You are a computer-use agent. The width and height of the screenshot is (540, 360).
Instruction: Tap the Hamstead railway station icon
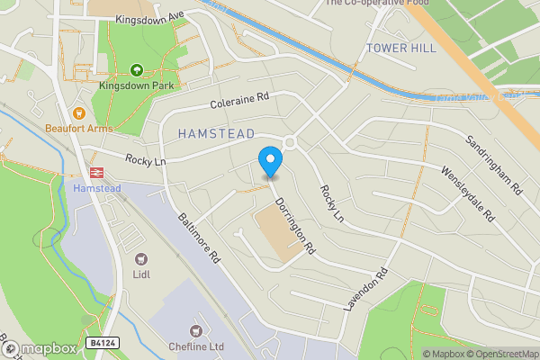pyautogui.click(x=94, y=172)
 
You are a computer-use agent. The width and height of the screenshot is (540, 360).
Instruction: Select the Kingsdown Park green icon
pyautogui.click(x=137, y=69)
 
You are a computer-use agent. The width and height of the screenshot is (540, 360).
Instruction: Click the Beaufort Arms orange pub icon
pyautogui.click(x=79, y=113)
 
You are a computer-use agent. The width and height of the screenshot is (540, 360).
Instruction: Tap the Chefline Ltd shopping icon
pyautogui.click(x=194, y=331)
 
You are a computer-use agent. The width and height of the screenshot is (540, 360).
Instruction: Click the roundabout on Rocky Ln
pyautogui.click(x=290, y=142)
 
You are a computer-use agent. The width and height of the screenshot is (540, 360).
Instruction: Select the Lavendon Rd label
pyautogui.click(x=369, y=289)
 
